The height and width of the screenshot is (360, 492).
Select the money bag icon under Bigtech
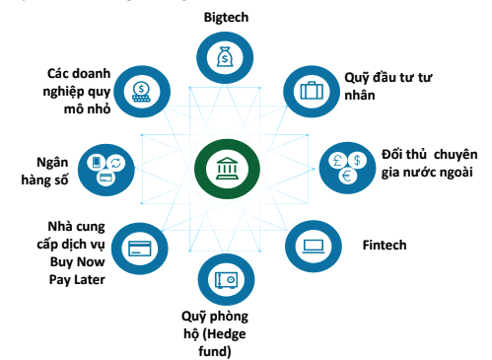point(227,58)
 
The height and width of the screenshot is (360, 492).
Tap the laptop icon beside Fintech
point(314,244)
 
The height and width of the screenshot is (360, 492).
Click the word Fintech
point(384,244)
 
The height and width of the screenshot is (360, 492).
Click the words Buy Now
point(78,262)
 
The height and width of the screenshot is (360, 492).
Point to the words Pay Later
point(77,280)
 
